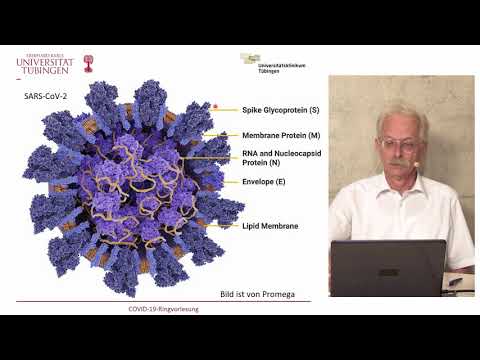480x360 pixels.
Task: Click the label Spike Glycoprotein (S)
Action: (280, 109)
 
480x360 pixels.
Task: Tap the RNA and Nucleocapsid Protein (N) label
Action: (277, 158)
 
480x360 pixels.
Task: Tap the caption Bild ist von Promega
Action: (264, 294)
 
